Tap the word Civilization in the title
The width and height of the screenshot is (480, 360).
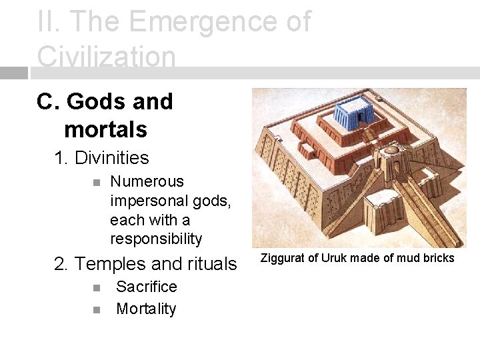point(106,57)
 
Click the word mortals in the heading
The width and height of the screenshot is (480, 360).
point(105,129)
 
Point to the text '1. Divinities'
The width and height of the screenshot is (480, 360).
point(101,158)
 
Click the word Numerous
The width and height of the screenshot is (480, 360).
point(147,181)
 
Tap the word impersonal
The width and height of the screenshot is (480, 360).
point(147,201)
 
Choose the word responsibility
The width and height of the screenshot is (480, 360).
point(156,239)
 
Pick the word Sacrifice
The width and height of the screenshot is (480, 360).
point(147,287)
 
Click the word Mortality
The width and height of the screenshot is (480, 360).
point(146,309)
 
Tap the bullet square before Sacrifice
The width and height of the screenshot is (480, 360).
point(96,288)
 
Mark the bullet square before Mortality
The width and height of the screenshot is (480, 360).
point(96,310)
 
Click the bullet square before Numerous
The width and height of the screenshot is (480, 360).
point(96,182)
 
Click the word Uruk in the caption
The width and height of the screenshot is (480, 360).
point(333,258)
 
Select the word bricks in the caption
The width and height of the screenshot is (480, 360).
point(439,258)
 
